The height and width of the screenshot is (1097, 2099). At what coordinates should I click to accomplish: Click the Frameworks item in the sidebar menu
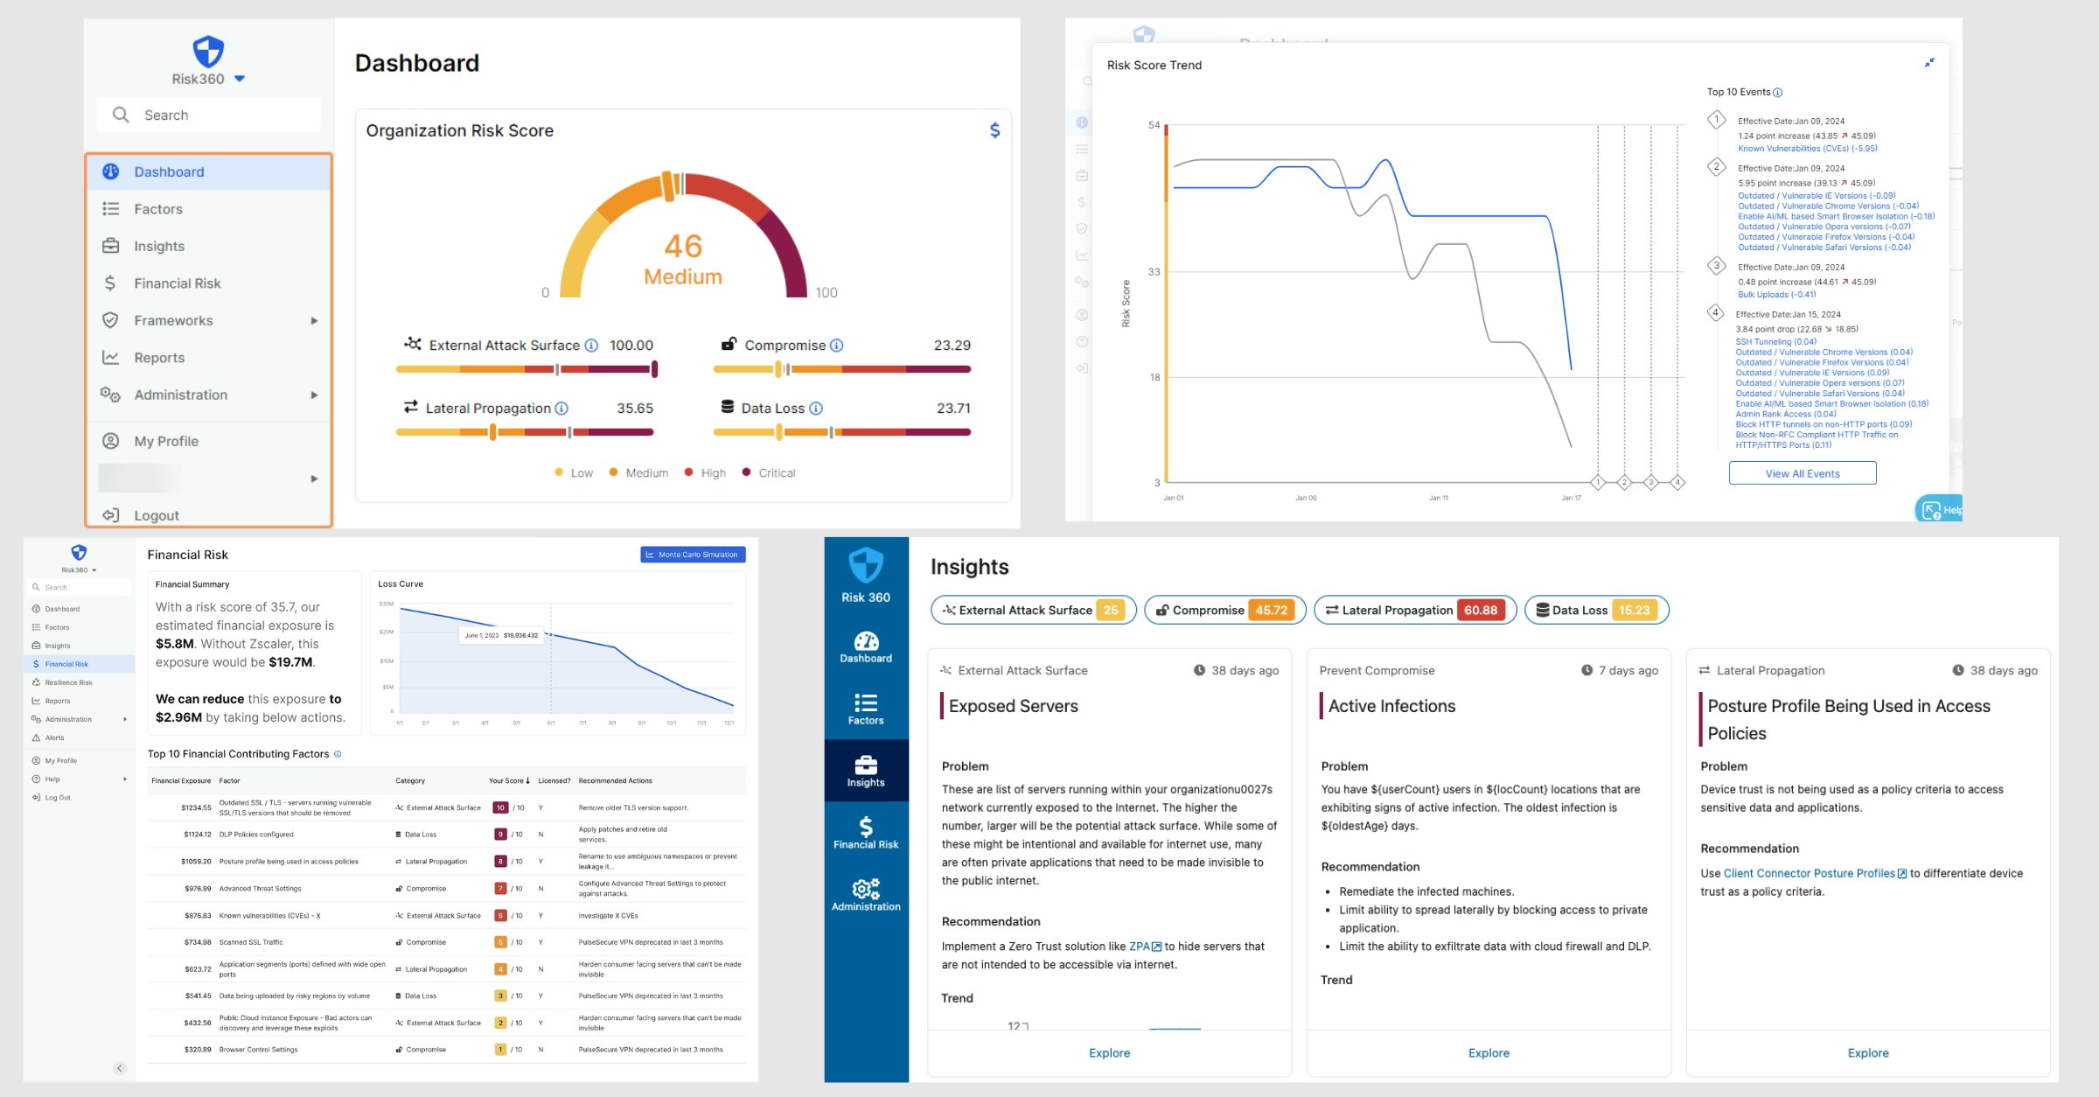(173, 320)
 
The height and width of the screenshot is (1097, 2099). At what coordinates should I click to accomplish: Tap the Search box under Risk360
(208, 115)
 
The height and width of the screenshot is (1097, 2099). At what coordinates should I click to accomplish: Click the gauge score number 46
(683, 246)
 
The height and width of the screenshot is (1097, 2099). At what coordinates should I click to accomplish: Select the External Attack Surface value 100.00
(631, 346)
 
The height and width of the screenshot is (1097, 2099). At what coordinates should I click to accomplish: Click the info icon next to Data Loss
(815, 409)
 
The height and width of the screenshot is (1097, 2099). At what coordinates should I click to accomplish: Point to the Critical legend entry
(776, 473)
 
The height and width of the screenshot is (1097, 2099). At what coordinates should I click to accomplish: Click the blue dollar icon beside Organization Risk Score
(994, 130)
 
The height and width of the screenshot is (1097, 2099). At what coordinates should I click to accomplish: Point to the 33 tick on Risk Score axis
(1154, 272)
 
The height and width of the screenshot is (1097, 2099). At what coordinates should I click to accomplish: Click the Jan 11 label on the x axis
(1438, 498)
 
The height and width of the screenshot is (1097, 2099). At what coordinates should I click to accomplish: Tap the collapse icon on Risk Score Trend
(1929, 63)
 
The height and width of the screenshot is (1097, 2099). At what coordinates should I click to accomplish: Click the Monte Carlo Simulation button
(692, 555)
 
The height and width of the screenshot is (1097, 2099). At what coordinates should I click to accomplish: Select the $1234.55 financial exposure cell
(197, 807)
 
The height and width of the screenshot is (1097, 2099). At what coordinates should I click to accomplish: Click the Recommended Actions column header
(615, 780)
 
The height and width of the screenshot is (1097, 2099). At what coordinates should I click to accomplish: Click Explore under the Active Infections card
(1489, 1053)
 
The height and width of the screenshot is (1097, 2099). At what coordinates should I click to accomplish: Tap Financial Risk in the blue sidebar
(866, 833)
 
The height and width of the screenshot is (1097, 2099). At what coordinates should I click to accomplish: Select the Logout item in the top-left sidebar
(156, 515)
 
